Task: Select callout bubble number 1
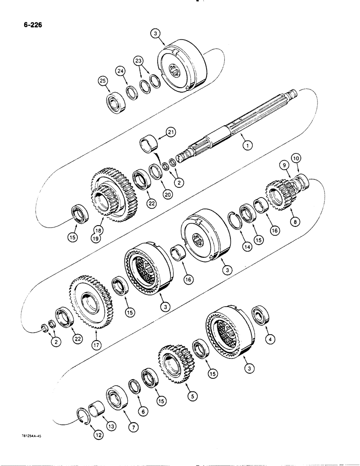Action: click(x=247, y=145)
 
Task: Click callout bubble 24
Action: click(x=121, y=71)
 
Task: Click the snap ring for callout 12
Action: click(x=82, y=413)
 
